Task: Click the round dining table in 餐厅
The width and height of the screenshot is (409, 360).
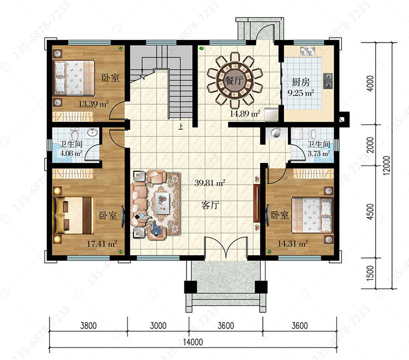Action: pyautogui.click(x=234, y=81)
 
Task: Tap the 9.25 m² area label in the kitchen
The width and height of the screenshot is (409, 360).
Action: pyautogui.click(x=300, y=93)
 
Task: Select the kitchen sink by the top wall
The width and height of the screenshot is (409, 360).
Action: pyautogui.click(x=308, y=51)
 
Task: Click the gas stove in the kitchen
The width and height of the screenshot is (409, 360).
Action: pyautogui.click(x=328, y=81)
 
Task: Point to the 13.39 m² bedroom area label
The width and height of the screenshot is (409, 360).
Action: pyautogui.click(x=94, y=104)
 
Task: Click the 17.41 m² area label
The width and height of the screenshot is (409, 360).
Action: pyautogui.click(x=102, y=244)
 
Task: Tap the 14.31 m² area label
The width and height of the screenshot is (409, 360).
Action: pyautogui.click(x=293, y=244)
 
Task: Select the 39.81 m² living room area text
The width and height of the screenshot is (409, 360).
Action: pyautogui.click(x=210, y=183)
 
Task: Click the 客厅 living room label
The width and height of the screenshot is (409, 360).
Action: pyautogui.click(x=210, y=205)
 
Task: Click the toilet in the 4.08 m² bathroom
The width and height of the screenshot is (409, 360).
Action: pyautogui.click(x=75, y=134)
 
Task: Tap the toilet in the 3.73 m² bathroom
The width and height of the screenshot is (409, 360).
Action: pyautogui.click(x=313, y=134)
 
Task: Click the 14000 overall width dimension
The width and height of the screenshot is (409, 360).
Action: pyautogui.click(x=193, y=342)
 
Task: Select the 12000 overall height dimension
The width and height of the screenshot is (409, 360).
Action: pyautogui.click(x=387, y=165)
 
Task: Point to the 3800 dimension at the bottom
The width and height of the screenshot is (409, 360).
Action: pyautogui.click(x=88, y=326)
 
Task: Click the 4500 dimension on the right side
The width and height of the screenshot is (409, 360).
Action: pyautogui.click(x=370, y=212)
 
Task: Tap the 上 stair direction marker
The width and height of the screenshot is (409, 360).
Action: pyautogui.click(x=181, y=127)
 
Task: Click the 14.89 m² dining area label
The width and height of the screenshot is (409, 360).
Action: pyautogui.click(x=245, y=113)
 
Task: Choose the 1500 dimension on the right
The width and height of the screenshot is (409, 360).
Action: pyautogui.click(x=370, y=273)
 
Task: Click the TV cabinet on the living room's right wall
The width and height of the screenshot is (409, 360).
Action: pyautogui.click(x=257, y=203)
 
